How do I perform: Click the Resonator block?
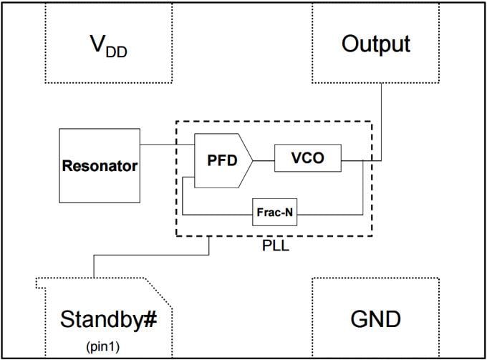100,165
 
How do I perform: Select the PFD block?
222,161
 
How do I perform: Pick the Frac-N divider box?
274,213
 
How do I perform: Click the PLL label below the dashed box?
276,247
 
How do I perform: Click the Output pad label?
375,44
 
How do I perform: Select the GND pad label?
375,318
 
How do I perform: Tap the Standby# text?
108,318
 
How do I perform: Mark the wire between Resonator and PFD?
168,145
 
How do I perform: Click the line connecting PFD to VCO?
263,160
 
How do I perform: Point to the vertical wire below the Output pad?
381,122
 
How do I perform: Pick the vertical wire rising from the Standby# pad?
93,265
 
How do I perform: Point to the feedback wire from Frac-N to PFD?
215,213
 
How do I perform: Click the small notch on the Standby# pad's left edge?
39,283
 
